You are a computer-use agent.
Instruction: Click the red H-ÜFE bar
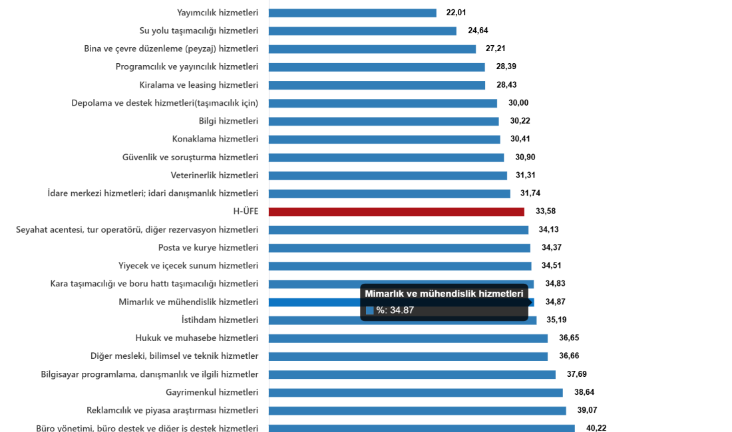397,212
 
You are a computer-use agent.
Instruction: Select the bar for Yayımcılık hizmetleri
353,13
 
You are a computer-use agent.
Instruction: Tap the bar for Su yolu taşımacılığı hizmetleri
363,31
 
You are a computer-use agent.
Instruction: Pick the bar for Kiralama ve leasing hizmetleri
377,85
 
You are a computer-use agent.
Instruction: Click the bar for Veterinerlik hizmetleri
388,175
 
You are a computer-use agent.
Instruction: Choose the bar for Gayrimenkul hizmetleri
416,392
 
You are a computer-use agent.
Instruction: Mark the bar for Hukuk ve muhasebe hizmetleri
409,338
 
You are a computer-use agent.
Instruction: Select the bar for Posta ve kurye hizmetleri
400,248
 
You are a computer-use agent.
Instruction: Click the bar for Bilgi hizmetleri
384,121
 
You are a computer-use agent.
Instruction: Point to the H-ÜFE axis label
246,212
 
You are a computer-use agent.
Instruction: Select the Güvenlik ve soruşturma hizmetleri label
190,158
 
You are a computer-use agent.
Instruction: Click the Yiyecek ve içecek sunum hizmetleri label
188,266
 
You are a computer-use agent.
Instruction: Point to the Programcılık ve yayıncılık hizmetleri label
186,67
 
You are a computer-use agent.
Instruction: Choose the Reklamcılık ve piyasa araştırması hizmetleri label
172,410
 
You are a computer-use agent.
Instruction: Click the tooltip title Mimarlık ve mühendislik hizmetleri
444,294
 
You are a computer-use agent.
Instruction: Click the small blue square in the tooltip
370,310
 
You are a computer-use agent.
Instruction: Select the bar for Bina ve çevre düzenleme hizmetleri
373,49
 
